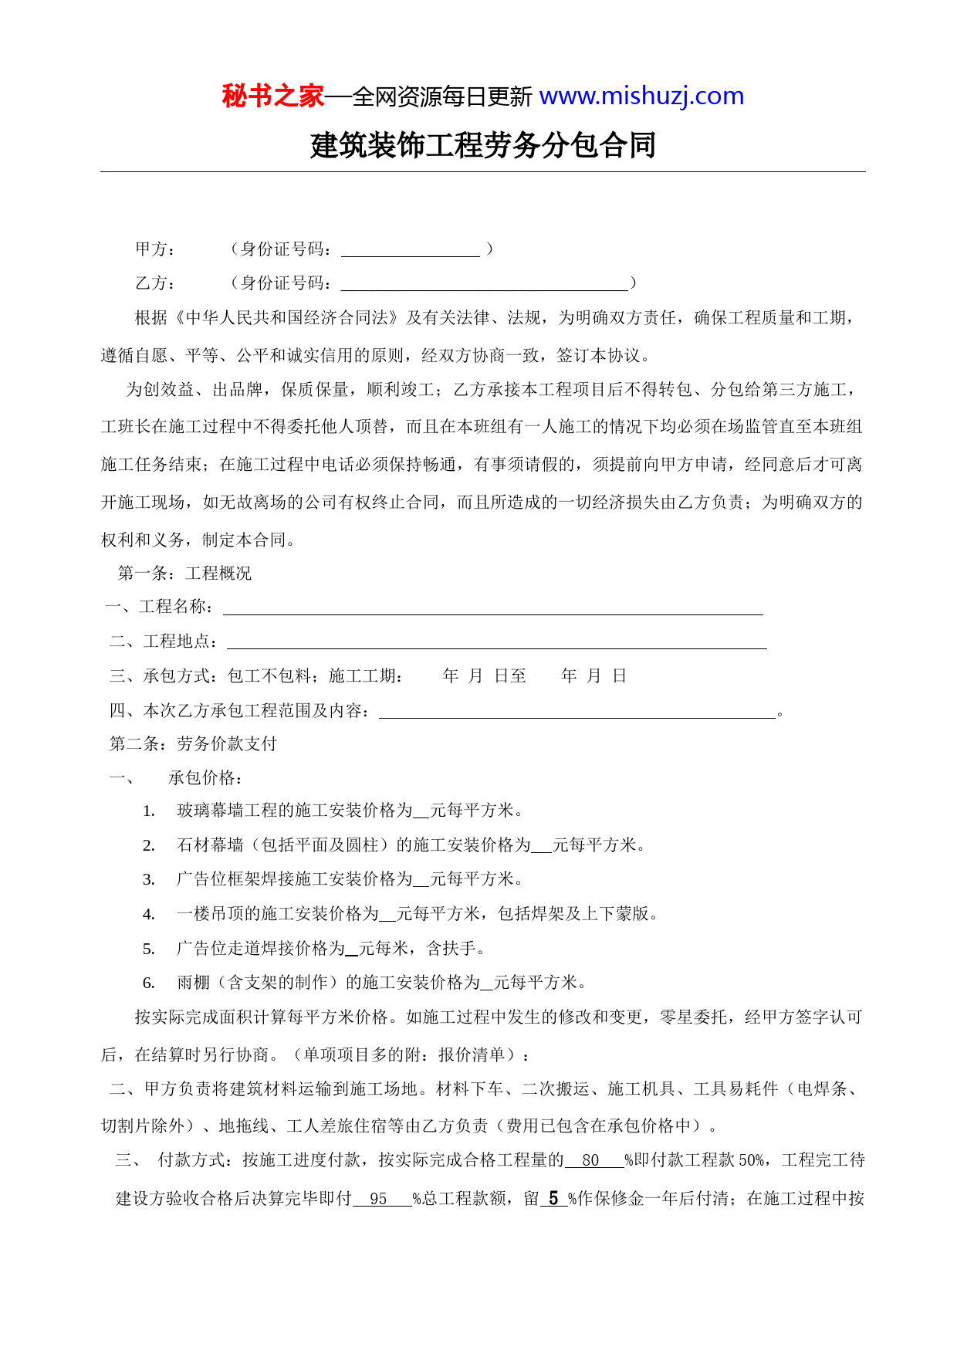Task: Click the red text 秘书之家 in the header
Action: tap(272, 96)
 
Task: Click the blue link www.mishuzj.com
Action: tap(641, 96)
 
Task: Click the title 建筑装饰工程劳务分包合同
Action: tap(483, 145)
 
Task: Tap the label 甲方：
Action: tap(156, 249)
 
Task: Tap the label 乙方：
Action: tap(156, 283)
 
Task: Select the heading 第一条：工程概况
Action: tap(184, 573)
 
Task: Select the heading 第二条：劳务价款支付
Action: tap(193, 743)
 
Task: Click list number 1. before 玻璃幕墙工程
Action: tap(149, 811)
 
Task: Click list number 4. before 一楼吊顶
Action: tap(149, 915)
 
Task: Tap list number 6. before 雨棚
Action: tap(149, 983)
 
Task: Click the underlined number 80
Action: tap(591, 1160)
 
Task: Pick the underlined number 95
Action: tap(379, 1199)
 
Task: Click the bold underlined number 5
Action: tap(553, 1198)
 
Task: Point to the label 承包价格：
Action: tap(206, 777)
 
